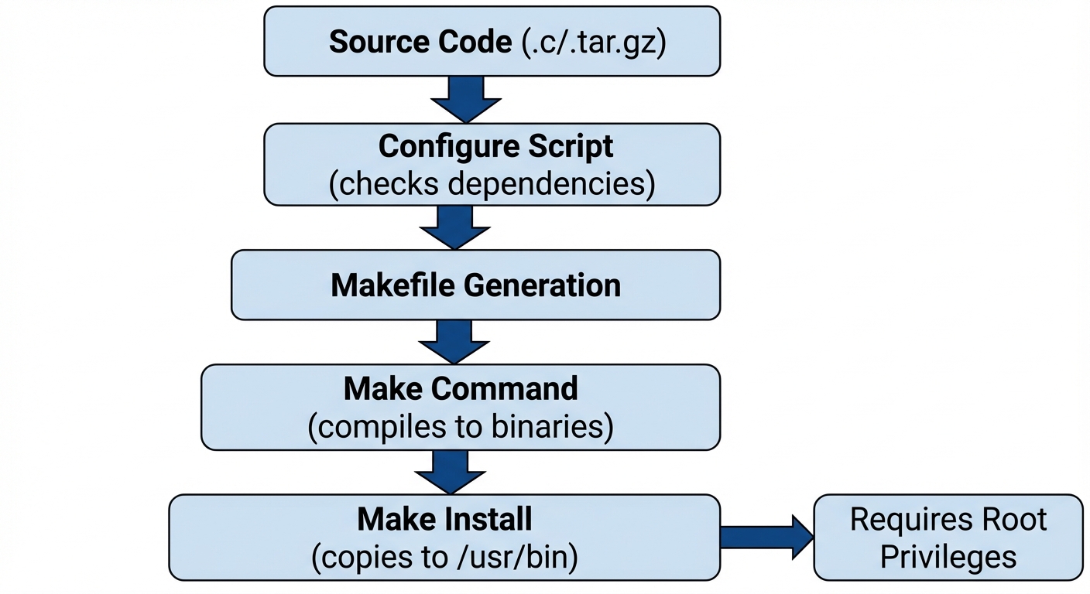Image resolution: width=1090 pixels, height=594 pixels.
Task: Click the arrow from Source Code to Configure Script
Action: [466, 98]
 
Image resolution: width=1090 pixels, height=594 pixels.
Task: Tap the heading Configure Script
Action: [495, 146]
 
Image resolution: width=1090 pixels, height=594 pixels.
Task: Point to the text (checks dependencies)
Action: [492, 184]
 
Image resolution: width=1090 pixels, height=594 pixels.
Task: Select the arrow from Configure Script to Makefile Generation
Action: [455, 226]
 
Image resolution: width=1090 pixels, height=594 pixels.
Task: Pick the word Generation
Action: [542, 285]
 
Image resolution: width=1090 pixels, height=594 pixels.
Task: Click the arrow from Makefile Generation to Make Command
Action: [454, 340]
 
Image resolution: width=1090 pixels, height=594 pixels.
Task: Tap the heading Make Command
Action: [461, 388]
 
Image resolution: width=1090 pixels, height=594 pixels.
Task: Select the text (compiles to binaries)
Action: [461, 427]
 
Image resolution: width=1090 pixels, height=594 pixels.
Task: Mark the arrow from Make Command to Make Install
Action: [451, 471]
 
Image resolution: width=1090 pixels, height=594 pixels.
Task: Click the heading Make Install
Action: [444, 519]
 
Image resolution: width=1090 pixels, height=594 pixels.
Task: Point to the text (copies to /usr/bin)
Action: [444, 558]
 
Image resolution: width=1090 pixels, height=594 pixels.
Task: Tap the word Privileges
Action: [948, 557]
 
